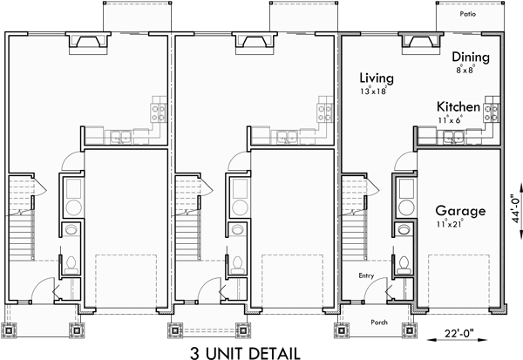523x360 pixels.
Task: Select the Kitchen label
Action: point(458,107)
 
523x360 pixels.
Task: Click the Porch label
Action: point(379,319)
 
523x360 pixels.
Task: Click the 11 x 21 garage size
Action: point(449,224)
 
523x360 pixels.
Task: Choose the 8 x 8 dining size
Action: point(465,66)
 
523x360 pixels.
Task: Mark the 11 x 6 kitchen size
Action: point(450,119)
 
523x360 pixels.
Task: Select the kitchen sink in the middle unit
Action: point(285,134)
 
